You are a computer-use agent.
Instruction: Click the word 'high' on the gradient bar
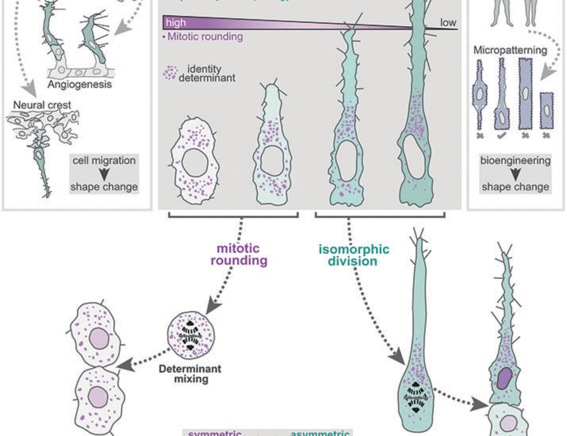[176, 23]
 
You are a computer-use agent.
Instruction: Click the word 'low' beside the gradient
[448, 22]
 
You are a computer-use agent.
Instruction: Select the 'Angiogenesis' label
[80, 84]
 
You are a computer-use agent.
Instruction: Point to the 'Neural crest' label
[42, 105]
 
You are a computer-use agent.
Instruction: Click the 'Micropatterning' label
[510, 50]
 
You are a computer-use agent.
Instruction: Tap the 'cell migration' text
[104, 160]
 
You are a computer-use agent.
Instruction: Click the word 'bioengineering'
[515, 160]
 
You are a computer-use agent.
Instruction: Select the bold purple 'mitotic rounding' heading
[239, 254]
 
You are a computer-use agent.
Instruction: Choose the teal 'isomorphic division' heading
[354, 255]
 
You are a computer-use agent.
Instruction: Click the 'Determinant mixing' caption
[190, 374]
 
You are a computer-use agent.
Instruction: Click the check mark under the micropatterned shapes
[502, 136]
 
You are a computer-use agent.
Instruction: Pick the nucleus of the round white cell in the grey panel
[195, 162]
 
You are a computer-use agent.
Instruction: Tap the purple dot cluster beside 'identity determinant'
[170, 73]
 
